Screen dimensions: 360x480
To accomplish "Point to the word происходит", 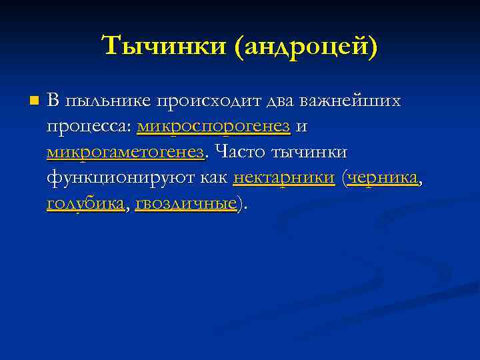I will (x=209, y=101).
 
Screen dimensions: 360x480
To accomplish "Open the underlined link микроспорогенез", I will (x=213, y=127).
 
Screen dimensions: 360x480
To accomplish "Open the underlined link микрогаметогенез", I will (x=125, y=153).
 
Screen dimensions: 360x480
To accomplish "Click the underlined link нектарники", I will (x=284, y=178).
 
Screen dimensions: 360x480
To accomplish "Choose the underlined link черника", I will (x=383, y=178).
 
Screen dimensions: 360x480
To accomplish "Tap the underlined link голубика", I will (x=85, y=203).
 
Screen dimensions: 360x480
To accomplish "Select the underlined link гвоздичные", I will (x=186, y=203).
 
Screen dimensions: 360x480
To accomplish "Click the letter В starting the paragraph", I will (x=53, y=101).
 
